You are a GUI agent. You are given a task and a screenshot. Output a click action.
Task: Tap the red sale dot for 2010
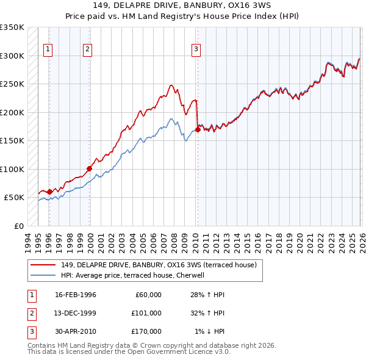point(198,129)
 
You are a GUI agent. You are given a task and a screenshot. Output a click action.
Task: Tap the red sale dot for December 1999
point(90,168)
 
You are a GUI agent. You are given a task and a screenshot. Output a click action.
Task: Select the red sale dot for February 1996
point(49,192)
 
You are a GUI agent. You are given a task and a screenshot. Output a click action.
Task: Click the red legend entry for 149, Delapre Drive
point(161,265)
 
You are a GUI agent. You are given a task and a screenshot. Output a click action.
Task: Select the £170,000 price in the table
point(146,331)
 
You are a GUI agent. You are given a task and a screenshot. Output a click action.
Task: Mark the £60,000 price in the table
point(148,295)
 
